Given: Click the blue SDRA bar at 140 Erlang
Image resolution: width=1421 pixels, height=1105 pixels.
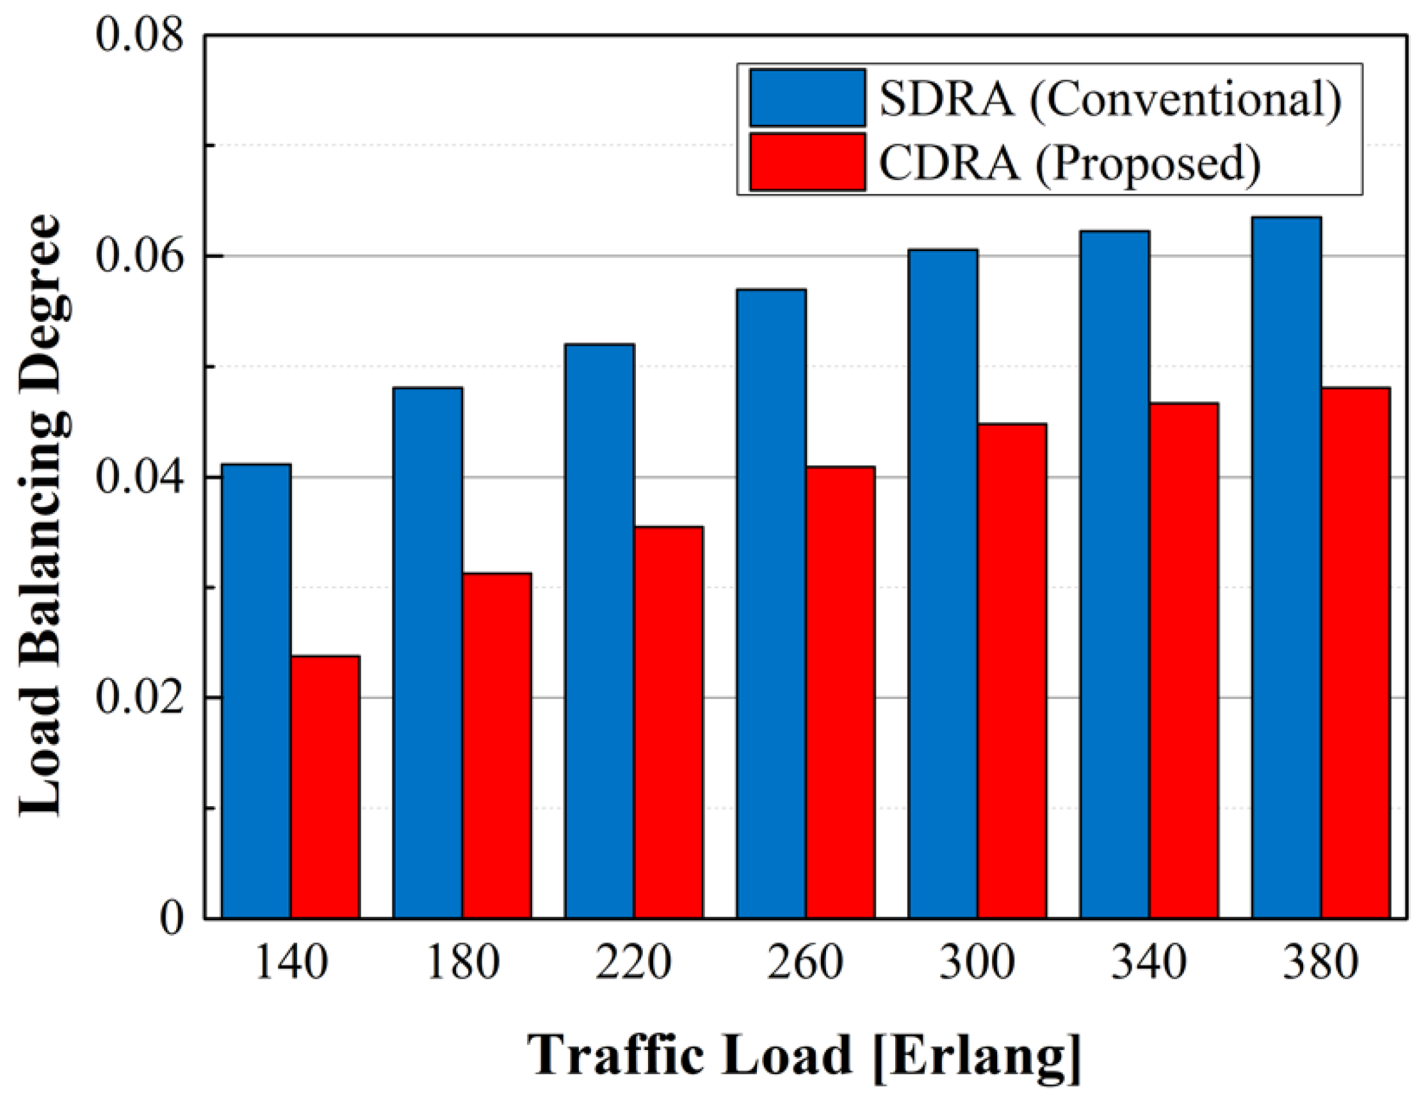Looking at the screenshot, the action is (x=256, y=691).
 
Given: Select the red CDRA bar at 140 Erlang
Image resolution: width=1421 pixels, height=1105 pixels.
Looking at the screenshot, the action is (x=325, y=787).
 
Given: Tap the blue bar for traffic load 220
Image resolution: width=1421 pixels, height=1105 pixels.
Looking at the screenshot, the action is (x=600, y=631).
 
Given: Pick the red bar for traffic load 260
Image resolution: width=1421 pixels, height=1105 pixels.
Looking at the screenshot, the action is (x=840, y=692).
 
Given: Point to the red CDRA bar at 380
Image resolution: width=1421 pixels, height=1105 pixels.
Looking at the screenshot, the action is (x=1355, y=652).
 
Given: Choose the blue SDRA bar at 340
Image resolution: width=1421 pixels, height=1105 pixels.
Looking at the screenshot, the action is (x=1115, y=574).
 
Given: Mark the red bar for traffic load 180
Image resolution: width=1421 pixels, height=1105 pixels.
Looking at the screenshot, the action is (x=497, y=745).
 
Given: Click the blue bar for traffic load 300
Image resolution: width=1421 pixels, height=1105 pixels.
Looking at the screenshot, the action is (x=943, y=583).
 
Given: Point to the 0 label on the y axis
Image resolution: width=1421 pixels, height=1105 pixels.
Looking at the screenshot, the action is (x=172, y=919).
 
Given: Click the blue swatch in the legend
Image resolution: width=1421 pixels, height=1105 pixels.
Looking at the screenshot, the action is (x=808, y=97).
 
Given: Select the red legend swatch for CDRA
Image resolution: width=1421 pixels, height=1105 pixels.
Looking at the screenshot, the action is (x=808, y=162).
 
